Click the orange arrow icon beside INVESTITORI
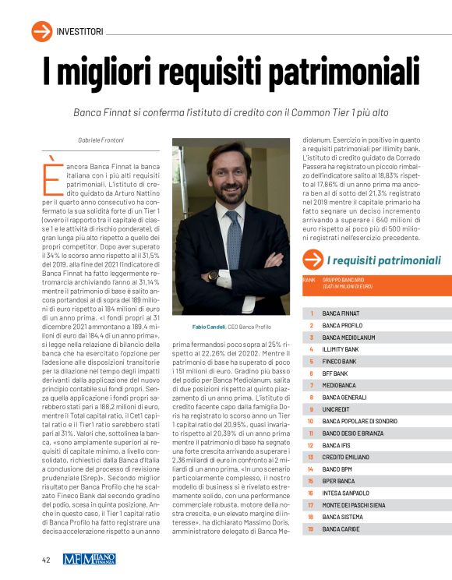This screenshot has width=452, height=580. point(41,30)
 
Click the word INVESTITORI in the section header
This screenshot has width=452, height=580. point(79,31)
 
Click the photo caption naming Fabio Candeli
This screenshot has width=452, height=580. point(225,327)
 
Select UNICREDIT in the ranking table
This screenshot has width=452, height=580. point(337,409)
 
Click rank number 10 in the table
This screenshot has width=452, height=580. point(309,421)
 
